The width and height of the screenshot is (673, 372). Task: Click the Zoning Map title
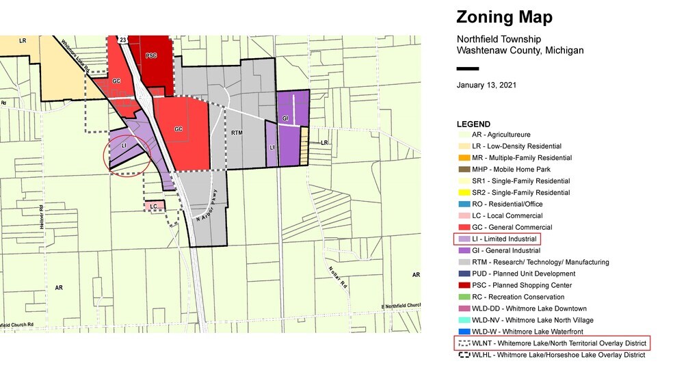(504, 17)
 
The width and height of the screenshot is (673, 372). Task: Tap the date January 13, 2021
(486, 85)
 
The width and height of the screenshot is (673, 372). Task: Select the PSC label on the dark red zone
(151, 54)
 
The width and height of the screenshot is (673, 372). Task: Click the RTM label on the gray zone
(237, 133)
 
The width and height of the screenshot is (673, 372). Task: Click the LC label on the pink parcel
(154, 206)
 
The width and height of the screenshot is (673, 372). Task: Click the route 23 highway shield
(122, 40)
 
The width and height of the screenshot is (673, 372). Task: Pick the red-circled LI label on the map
(124, 146)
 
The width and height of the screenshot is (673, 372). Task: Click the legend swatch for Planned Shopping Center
(463, 285)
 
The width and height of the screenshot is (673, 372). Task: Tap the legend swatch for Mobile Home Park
(463, 170)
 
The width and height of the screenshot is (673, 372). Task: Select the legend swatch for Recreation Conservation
(463, 297)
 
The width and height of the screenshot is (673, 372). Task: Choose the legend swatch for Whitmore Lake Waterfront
(463, 332)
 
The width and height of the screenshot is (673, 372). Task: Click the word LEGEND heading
(473, 124)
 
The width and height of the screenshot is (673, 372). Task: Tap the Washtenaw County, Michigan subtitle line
(520, 51)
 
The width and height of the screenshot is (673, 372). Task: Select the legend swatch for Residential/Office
(463, 204)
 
